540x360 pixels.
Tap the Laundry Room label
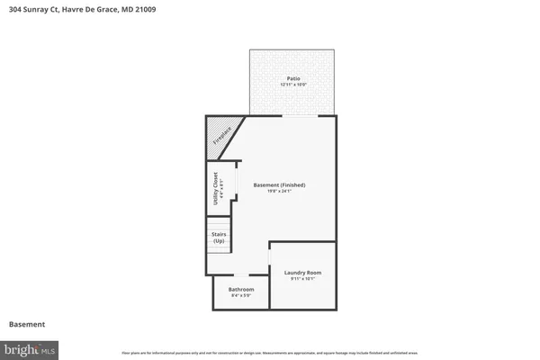click(x=302, y=272)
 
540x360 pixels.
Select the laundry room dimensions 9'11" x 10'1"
click(x=302, y=278)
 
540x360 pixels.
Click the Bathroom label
click(x=242, y=289)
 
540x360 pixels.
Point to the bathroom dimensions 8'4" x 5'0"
click(x=242, y=295)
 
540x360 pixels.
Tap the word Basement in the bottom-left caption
click(x=27, y=324)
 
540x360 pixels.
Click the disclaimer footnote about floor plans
click(x=270, y=352)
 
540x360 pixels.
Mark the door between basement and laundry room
click(x=270, y=257)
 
